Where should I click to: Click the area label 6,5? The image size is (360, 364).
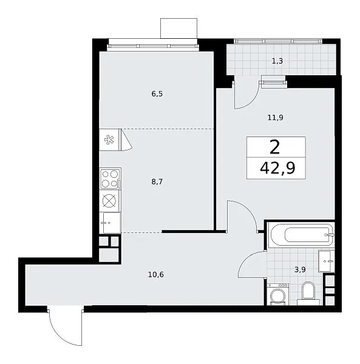[157, 94]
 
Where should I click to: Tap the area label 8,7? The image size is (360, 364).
[157, 182]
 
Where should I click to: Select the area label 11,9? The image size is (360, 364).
[275, 118]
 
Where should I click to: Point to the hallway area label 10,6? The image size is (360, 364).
[156, 275]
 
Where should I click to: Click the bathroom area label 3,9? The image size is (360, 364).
[300, 269]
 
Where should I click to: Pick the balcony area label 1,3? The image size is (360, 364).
[277, 61]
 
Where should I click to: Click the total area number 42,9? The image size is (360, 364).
[277, 168]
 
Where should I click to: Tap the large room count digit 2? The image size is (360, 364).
[275, 147]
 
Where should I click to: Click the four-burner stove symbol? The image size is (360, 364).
[110, 178]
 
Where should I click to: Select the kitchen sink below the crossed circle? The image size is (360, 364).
[110, 223]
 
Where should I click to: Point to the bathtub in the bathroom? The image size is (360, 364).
[301, 235]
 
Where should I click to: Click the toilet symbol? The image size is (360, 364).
[308, 293]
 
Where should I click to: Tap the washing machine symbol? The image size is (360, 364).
[279, 294]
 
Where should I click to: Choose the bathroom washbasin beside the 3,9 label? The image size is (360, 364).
[327, 261]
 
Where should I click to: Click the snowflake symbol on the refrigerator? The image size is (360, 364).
[109, 140]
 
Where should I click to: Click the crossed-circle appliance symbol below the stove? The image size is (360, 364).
[110, 201]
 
